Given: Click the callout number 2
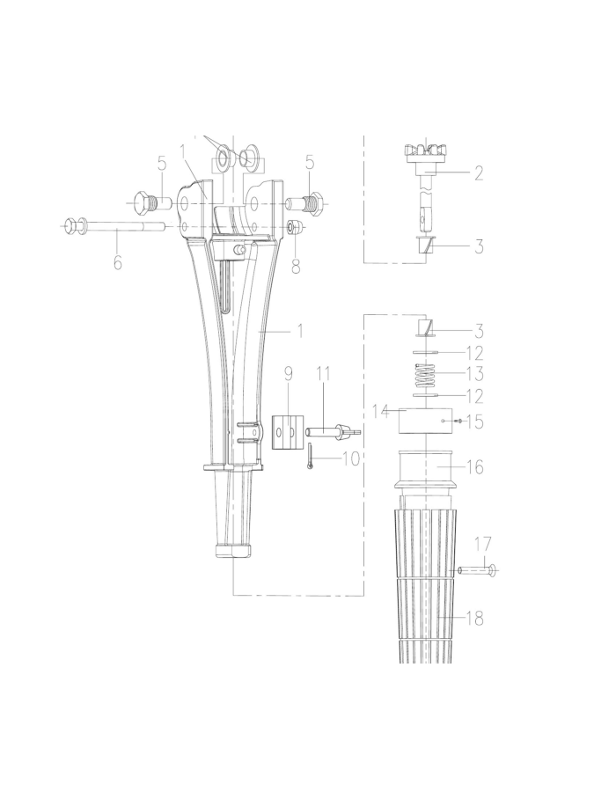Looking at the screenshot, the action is pyautogui.click(x=479, y=172).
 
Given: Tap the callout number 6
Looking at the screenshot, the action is pyautogui.click(x=117, y=262).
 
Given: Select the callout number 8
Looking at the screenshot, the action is pyautogui.click(x=296, y=266).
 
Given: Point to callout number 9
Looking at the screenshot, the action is pyautogui.click(x=289, y=374).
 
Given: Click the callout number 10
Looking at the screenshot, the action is pyautogui.click(x=351, y=458).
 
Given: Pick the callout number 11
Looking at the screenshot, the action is pyautogui.click(x=323, y=374).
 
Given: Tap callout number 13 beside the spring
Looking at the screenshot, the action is pyautogui.click(x=474, y=374).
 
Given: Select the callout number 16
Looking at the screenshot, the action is pyautogui.click(x=475, y=467).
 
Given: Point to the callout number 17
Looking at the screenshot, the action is pyautogui.click(x=483, y=545).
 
